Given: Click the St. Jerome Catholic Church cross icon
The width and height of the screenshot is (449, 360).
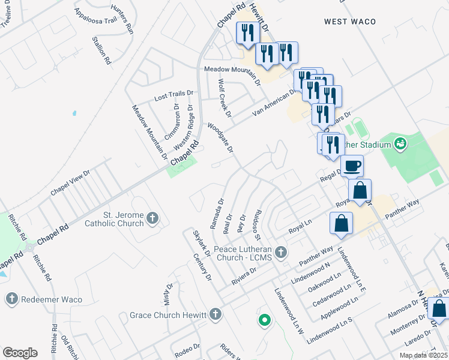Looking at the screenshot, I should pos(153,218).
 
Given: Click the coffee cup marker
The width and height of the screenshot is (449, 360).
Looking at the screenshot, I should pos(352,165).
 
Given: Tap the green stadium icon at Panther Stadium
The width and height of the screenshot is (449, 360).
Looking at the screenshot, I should pos(400,144).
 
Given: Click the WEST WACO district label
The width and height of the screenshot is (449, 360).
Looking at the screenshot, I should pos(350,22).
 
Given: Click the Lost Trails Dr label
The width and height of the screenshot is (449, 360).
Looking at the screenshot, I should pos(175,95).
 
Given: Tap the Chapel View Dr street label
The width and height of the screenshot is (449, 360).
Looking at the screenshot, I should pos(70,182).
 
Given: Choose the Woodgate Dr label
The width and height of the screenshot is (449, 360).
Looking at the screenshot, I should pos(220,138).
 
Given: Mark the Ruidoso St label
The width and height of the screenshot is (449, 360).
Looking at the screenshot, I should pos(259,221).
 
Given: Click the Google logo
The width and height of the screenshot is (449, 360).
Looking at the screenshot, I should pos(20,353).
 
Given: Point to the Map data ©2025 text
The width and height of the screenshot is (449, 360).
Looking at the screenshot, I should pos(423,355).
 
